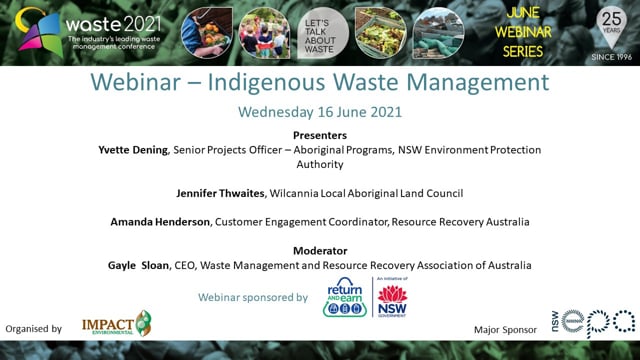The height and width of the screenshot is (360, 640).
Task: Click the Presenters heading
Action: pyautogui.click(x=320, y=134)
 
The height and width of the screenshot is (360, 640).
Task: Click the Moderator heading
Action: pyautogui.click(x=320, y=249)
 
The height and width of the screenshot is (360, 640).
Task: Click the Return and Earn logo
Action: pyautogui.click(x=345, y=297)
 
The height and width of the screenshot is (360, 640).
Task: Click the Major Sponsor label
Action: pyautogui.click(x=506, y=328)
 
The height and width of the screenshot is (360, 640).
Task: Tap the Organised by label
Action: pyautogui.click(x=34, y=328)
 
